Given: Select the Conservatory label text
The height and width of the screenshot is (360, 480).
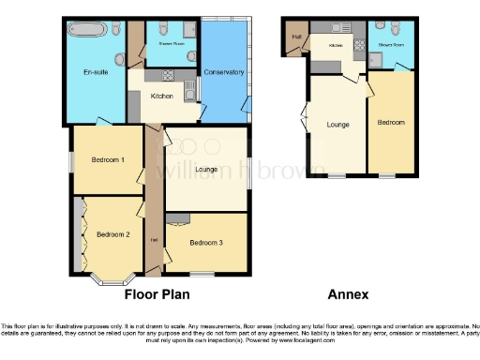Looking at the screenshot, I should [x=224, y=73].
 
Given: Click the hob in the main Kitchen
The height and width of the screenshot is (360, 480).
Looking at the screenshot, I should [x=188, y=90].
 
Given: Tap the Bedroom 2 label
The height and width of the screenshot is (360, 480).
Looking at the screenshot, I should [x=113, y=234].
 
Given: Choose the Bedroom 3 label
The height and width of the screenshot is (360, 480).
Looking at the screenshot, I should [x=205, y=243].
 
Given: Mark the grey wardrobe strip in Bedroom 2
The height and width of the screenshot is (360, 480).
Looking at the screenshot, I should [x=76, y=234].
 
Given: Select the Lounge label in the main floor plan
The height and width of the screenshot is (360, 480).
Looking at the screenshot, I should [x=207, y=170].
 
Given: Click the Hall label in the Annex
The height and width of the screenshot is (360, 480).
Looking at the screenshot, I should [x=296, y=37].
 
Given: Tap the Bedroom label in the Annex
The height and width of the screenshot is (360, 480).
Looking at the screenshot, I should [x=391, y=124].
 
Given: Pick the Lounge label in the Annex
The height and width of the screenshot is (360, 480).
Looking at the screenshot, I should [x=338, y=124].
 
